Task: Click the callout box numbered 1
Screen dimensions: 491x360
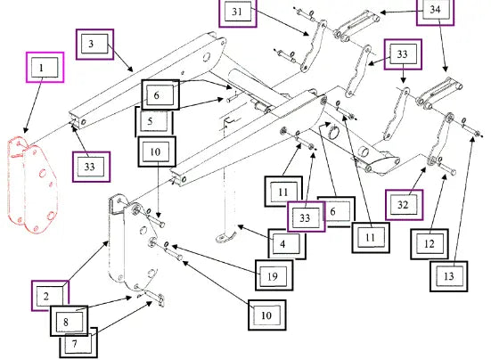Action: tap(45, 68)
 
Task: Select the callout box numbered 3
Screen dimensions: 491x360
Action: tap(94, 45)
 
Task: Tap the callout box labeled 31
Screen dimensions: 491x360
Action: tap(238, 12)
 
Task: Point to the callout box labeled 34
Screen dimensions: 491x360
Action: tap(435, 11)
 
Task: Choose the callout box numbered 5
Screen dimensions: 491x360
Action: tap(154, 121)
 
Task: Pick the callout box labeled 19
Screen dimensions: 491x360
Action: tap(274, 275)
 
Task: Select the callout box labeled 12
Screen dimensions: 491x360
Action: tap(430, 244)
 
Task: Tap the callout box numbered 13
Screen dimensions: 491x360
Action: tap(449, 276)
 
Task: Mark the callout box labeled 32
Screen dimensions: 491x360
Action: tap(405, 205)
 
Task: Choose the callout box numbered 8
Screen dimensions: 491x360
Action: tap(70, 321)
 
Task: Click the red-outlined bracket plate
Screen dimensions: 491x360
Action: tap(31, 184)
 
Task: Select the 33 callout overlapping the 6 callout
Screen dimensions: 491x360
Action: tap(307, 217)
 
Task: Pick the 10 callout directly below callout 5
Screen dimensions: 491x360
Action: tap(157, 151)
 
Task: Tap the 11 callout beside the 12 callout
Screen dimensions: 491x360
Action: tap(371, 238)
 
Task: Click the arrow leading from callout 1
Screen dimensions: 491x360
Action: tap(33, 105)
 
